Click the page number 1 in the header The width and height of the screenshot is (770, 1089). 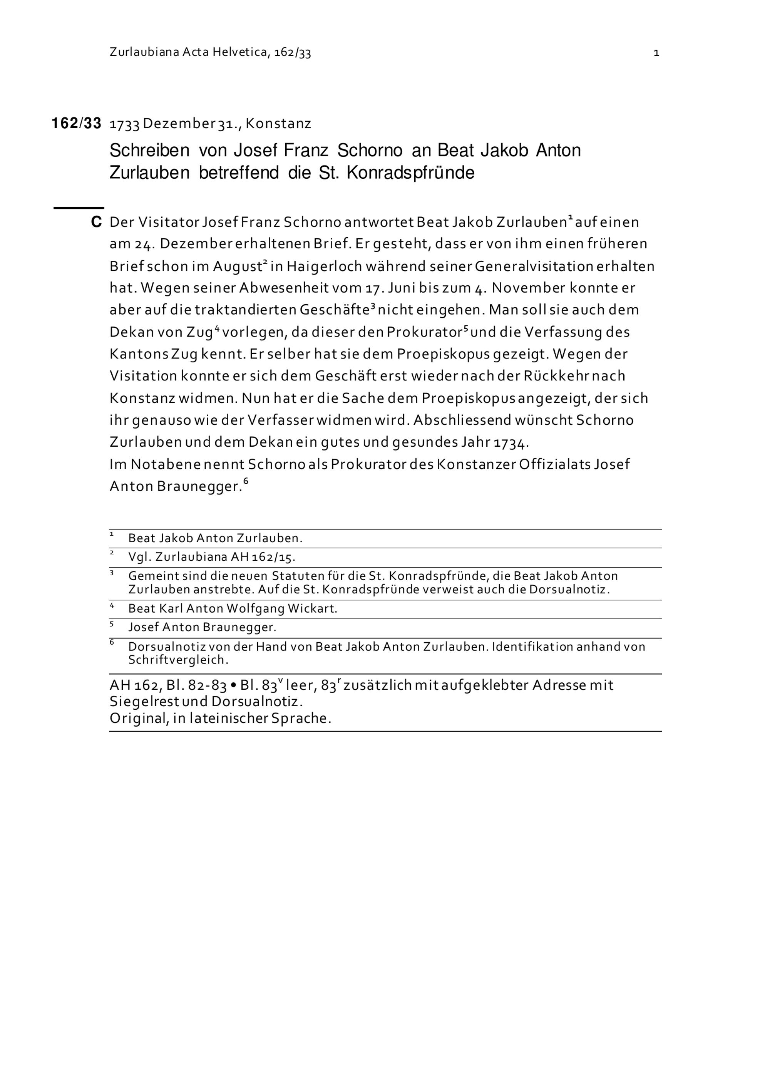coord(656,53)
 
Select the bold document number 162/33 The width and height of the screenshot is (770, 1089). coord(76,124)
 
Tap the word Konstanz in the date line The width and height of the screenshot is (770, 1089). coord(278,124)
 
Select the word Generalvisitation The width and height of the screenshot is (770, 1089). coord(533,266)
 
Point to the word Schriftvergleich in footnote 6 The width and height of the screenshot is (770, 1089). coord(178,660)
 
